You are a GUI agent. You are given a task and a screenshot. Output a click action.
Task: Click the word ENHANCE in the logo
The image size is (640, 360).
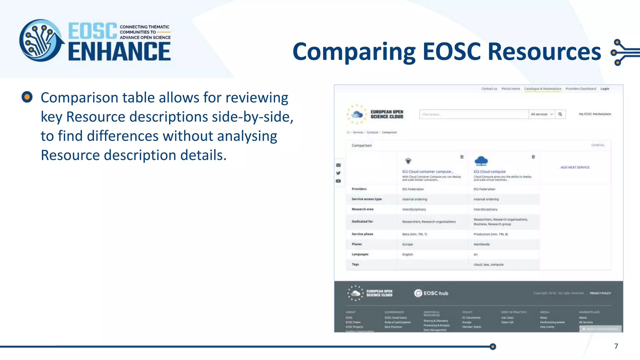(x=119, y=52)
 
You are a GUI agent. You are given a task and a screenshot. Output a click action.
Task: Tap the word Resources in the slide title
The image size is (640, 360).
(x=544, y=52)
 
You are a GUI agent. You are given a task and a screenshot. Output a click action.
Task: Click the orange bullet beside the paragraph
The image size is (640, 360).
(x=27, y=97)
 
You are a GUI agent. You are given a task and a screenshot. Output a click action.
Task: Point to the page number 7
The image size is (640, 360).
(x=616, y=346)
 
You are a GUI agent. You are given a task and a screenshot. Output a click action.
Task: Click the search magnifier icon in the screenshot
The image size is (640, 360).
(x=560, y=114)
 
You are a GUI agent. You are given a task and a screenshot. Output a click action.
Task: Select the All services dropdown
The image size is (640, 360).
(x=542, y=114)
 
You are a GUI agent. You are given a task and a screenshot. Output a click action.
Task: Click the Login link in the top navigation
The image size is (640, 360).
(x=605, y=89)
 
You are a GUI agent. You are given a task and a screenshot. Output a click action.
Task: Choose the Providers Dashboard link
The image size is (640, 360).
(x=581, y=89)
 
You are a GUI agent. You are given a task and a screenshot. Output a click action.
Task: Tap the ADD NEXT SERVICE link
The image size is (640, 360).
(x=575, y=167)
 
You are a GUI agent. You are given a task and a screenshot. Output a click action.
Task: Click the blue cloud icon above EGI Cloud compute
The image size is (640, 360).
(x=481, y=161)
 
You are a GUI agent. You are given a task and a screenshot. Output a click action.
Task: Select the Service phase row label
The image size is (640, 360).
(x=362, y=234)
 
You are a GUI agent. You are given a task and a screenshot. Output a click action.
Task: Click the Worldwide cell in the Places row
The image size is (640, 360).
(x=482, y=244)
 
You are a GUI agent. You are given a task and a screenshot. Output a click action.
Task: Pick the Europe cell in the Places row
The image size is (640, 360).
(x=407, y=244)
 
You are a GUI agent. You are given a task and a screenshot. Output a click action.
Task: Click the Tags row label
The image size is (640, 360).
(x=355, y=264)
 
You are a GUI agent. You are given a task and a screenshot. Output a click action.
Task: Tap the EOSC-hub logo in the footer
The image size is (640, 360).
(x=431, y=293)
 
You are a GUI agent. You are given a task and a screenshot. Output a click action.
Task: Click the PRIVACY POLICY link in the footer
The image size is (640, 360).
(x=600, y=293)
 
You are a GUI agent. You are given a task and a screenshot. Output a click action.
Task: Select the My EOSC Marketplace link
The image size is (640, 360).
(x=595, y=114)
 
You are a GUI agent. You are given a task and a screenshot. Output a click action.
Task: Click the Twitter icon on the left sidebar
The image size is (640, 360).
(x=338, y=173)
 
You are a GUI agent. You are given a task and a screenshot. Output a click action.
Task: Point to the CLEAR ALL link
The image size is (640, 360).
(x=598, y=145)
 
